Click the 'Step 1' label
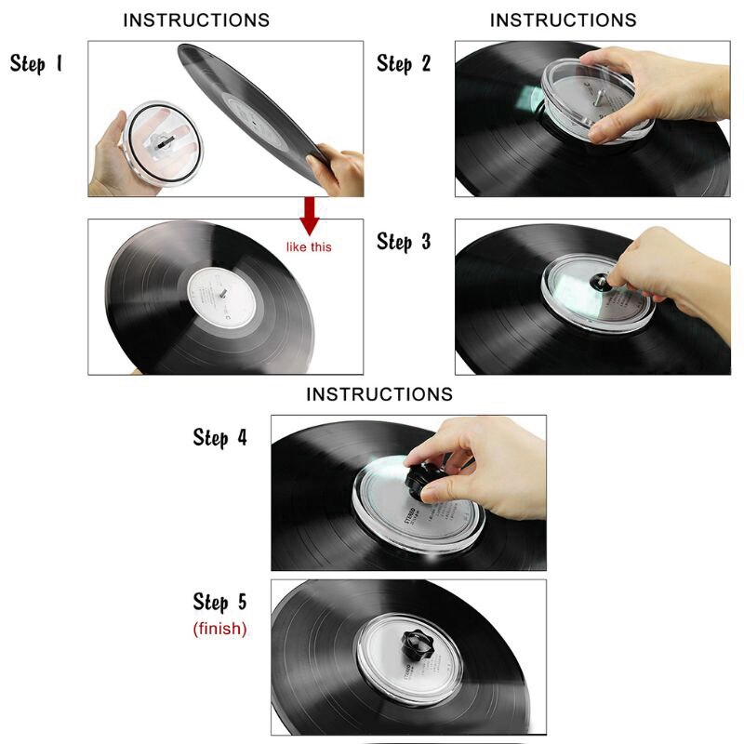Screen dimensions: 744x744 (36, 64)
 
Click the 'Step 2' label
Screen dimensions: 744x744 (404, 64)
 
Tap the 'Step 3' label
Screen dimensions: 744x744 (404, 242)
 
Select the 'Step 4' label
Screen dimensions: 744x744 (220, 437)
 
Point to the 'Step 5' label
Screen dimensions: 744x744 (220, 603)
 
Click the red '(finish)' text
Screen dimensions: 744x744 (220, 629)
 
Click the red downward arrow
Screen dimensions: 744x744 (310, 217)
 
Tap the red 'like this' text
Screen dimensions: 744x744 (308, 247)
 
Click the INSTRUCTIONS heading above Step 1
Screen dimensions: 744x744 (196, 20)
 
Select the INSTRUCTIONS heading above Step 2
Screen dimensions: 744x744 (564, 20)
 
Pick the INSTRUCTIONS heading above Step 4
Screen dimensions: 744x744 (379, 394)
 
